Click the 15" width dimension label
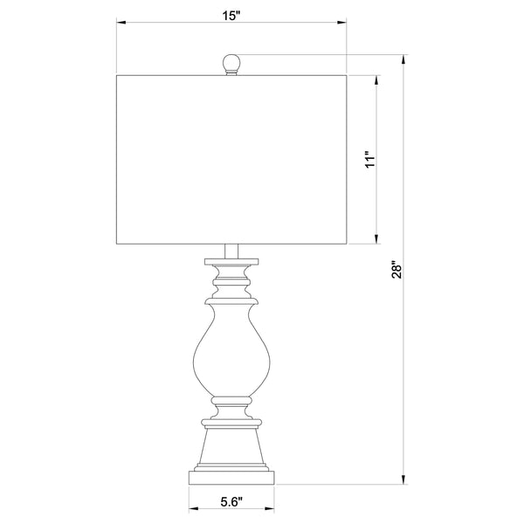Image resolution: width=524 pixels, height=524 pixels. coord(231,16)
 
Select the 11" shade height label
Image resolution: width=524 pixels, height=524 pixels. coord(370,161)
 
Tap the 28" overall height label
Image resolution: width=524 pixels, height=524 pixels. coord(397,269)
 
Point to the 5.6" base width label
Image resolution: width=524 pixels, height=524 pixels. coord(231,501)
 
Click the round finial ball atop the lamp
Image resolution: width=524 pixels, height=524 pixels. coord(231,63)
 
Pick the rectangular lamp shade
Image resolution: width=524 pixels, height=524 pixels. coord(231,160)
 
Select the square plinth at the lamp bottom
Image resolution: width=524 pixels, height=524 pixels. coord(231,478)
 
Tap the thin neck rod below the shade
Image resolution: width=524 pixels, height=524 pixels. coord(231,252)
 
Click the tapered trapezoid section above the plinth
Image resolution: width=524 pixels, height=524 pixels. coord(231,446)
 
